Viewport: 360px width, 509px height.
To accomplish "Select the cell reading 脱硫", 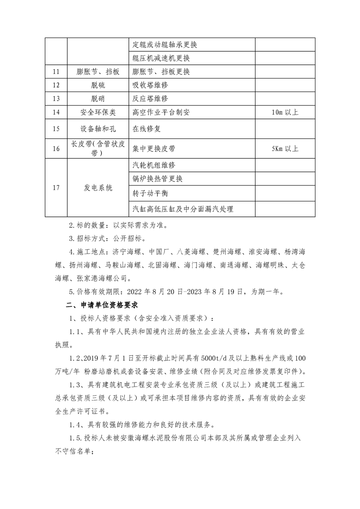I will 97,85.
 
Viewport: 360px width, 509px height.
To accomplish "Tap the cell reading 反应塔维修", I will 150,99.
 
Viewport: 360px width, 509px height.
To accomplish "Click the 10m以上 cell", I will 285,113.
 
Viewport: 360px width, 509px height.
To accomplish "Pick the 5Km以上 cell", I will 285,148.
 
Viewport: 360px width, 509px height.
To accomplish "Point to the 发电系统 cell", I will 97,188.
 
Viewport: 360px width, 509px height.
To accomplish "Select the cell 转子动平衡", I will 150,193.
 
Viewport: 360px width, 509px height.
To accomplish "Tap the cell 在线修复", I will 147,129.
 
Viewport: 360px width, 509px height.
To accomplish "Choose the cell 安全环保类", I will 97,113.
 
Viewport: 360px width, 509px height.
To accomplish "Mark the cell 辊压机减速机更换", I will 161,58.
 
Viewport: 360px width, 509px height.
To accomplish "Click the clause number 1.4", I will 74,425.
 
